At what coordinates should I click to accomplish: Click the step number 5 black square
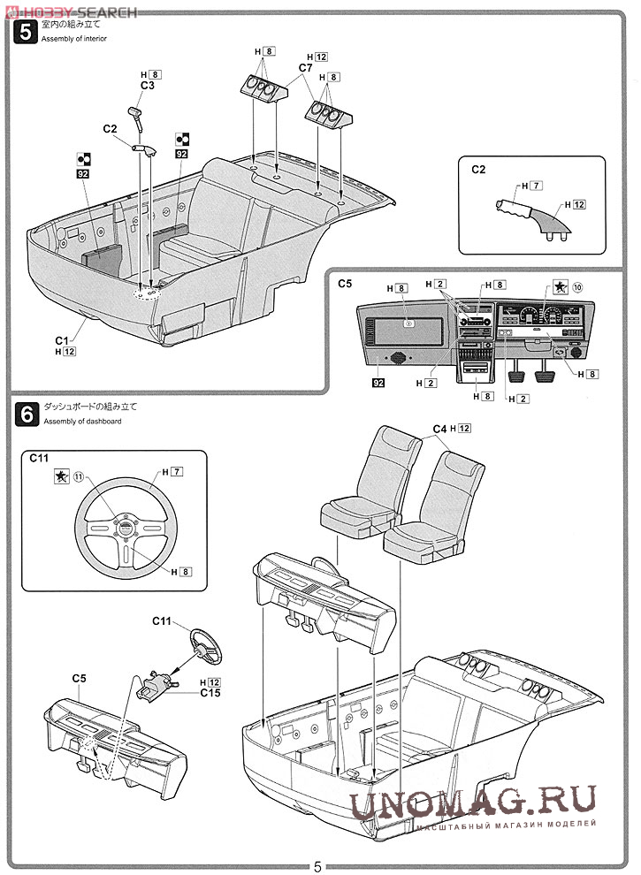coord(26,31)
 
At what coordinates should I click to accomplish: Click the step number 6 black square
coord(27,415)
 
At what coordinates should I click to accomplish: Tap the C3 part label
coord(147,86)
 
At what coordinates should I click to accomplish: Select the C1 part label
coord(61,340)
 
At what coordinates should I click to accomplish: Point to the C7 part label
coord(305,67)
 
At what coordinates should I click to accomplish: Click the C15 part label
coord(210,693)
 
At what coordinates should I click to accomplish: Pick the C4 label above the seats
coord(439,429)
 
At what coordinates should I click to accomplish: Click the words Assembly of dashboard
coord(82,422)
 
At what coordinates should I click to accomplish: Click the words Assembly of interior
coord(73,39)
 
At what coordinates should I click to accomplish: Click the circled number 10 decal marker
coord(577,287)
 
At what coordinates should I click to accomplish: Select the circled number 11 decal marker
coord(79,476)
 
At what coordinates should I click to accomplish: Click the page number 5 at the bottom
coord(317,866)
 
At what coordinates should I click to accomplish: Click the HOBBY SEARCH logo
coord(71,11)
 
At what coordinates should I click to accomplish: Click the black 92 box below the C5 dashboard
coord(378,383)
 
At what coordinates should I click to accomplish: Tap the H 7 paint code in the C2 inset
coord(531,186)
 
